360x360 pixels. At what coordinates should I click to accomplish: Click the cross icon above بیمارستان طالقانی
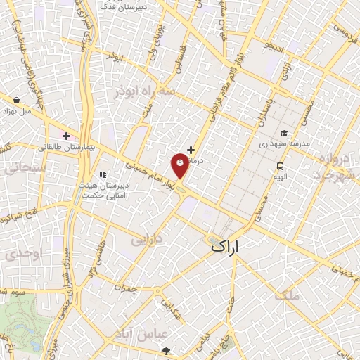coord(66,136)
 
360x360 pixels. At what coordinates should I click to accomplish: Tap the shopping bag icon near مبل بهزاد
coord(15,99)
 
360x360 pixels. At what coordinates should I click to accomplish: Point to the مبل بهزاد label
coord(16,111)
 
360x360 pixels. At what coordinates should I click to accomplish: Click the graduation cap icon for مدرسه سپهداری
coord(284,134)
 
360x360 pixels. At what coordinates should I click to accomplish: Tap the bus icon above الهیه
coord(281,167)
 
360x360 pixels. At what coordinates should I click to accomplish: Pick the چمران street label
coord(122,287)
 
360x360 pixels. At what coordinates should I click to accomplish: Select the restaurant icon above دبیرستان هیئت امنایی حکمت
coord(103,174)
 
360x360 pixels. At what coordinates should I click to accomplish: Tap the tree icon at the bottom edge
coord(166,351)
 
